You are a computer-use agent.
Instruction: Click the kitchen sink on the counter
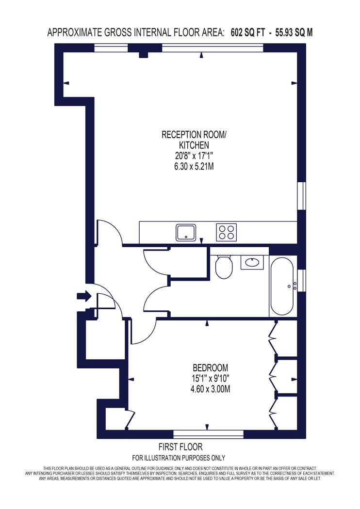pyautogui.click(x=186, y=232)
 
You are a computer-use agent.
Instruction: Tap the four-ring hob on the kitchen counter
pyautogui.click(x=227, y=232)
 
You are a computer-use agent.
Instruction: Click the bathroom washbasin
pyautogui.click(x=252, y=262)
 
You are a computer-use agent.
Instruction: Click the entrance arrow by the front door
pyautogui.click(x=84, y=296)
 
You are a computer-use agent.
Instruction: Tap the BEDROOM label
pyautogui.click(x=210, y=368)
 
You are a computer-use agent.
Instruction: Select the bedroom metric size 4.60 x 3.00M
pyautogui.click(x=210, y=389)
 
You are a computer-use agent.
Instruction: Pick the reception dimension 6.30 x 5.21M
pyautogui.click(x=194, y=167)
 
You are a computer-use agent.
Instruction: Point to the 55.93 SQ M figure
pyautogui.click(x=294, y=32)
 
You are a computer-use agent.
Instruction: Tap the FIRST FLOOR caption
pyautogui.click(x=180, y=447)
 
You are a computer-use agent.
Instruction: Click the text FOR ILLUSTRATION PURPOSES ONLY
pyautogui.click(x=179, y=458)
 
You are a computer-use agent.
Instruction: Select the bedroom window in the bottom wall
pyautogui.click(x=208, y=434)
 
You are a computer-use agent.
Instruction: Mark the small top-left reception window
pyautogui.click(x=111, y=48)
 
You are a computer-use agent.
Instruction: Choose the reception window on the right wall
pyautogui.click(x=302, y=195)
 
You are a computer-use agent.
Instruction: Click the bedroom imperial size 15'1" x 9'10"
pyautogui.click(x=210, y=378)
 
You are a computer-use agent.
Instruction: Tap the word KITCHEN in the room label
pyautogui.click(x=194, y=145)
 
